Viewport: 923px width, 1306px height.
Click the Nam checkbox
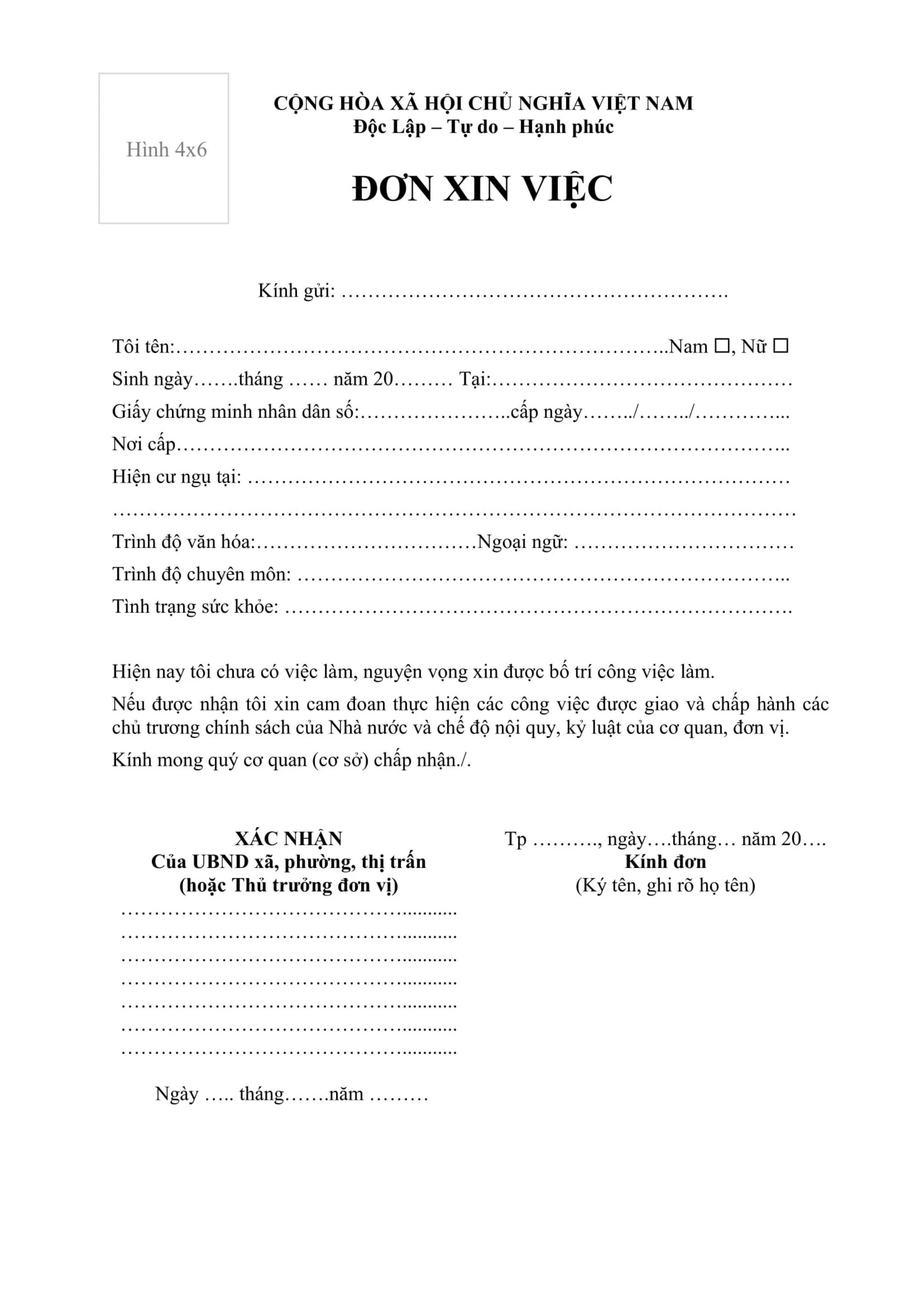(x=721, y=345)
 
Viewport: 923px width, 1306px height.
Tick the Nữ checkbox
(x=781, y=345)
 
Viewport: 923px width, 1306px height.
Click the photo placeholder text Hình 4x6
(x=166, y=150)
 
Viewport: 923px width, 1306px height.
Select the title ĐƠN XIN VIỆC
(x=482, y=189)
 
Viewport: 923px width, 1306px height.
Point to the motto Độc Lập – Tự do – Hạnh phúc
(x=483, y=127)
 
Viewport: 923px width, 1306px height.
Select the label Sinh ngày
(x=152, y=379)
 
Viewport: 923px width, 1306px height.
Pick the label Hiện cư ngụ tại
(x=176, y=477)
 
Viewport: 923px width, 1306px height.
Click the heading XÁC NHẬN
(x=289, y=838)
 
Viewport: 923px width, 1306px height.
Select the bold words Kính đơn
(x=665, y=862)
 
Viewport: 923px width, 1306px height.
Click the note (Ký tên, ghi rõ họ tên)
(x=665, y=885)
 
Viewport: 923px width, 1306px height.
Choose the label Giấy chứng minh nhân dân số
(x=235, y=411)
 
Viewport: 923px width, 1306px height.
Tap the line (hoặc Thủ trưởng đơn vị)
(x=289, y=885)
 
